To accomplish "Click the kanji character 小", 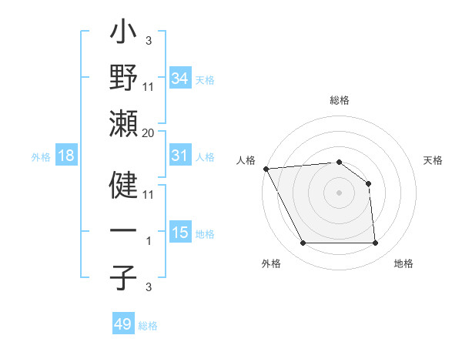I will [124, 35].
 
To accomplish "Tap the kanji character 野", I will [124, 78].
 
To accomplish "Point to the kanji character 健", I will [124, 184].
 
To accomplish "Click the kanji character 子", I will [124, 278].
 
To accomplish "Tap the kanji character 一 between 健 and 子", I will [124, 232].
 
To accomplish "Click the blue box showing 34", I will [179, 78].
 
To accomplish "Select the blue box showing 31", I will [179, 156].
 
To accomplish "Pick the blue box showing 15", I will [179, 233].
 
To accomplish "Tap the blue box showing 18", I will [65, 156].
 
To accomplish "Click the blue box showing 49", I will [123, 323].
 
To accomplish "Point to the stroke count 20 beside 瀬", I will [149, 133].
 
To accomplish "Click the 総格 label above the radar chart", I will [340, 100].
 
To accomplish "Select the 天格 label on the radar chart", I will [433, 160].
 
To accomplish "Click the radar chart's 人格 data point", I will [266, 168].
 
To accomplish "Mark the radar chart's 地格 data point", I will [375, 243].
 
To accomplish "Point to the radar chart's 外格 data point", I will [303, 243].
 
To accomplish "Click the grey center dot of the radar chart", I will [339, 192].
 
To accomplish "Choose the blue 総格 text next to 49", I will [148, 326].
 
